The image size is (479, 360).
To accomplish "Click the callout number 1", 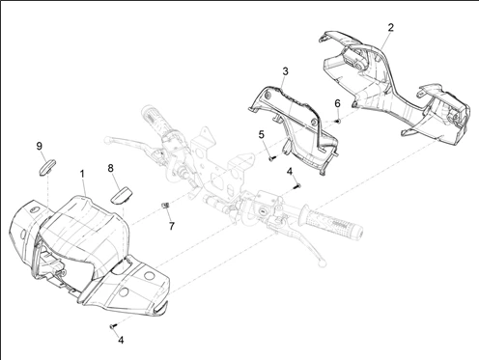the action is point(82,174).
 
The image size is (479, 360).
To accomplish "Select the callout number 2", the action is point(390,27).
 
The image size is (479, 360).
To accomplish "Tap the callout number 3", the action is point(285,71).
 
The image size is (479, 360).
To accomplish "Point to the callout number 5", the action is point(261,134).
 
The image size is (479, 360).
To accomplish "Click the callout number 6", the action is point(337,103).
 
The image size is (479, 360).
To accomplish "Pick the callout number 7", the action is point(172,226).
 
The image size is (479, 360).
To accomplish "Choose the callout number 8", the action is point(110,168).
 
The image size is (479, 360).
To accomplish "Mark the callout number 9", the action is point(40,146).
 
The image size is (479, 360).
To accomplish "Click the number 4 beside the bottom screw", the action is point(121,340).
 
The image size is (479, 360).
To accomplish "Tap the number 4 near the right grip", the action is point(290,172).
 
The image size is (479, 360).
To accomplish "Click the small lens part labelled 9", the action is point(47,167).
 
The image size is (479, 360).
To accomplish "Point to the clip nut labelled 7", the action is point(165,206).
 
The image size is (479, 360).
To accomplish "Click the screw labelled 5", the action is point(272,158).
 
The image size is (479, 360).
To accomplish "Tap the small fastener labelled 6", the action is point(338,121).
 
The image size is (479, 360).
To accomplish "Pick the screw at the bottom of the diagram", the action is point(113,326).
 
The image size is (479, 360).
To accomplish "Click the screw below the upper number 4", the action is point(296,185).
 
